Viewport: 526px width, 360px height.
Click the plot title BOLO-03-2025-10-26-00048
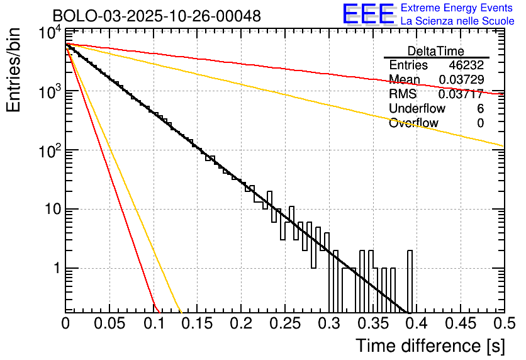pyautogui.click(x=157, y=16)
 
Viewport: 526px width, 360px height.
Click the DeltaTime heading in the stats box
pyautogui.click(x=436, y=51)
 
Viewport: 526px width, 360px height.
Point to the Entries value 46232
pyautogui.click(x=466, y=65)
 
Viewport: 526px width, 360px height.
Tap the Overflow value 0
pyautogui.click(x=480, y=123)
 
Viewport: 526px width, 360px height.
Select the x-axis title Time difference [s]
pyautogui.click(x=430, y=346)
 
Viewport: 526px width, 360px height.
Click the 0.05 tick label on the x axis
pyautogui.click(x=109, y=324)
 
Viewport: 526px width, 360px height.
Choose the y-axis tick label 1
pyautogui.click(x=55, y=269)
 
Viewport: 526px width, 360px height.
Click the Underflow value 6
pyautogui.click(x=480, y=109)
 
